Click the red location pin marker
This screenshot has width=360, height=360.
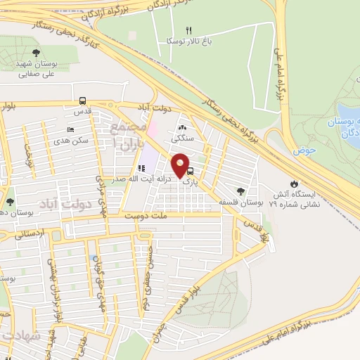point(181,165)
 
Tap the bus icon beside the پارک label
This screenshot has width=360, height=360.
point(191,170)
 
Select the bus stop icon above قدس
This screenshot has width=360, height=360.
point(83,101)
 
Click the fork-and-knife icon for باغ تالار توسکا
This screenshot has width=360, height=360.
point(188,30)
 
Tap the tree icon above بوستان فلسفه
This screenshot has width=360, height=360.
point(240,191)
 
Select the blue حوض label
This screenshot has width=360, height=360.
point(304,149)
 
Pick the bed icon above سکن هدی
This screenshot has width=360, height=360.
point(70,129)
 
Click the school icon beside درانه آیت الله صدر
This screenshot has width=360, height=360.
point(141,169)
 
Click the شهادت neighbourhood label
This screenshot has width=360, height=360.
point(18,336)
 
